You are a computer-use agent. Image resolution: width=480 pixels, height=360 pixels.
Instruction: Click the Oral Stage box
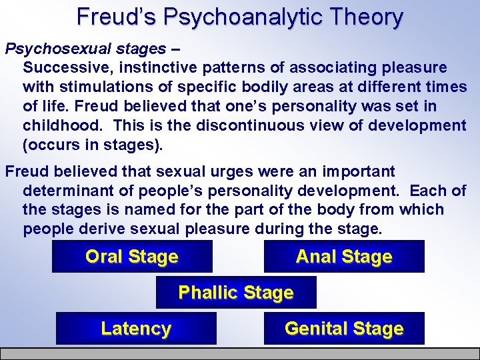pos(132,257)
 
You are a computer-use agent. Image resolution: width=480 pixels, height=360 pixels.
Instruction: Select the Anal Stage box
pos(344,257)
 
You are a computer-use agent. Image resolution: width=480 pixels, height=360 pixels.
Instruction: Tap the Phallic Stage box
pos(236,293)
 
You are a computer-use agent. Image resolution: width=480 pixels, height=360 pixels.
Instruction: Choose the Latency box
pos(136,329)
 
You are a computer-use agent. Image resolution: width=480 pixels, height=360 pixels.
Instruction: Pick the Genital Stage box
pos(344,329)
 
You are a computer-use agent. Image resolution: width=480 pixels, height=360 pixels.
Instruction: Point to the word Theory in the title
pos(368,17)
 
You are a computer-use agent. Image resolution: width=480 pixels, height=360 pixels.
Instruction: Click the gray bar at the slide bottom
pos(240,353)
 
